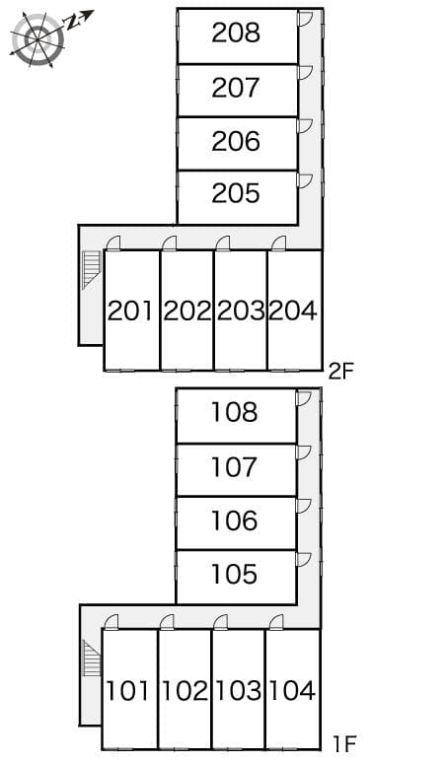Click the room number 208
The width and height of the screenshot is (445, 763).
(236, 34)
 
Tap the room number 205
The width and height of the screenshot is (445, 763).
(236, 193)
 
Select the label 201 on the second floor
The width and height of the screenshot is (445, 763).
(130, 311)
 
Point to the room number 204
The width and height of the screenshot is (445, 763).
(293, 311)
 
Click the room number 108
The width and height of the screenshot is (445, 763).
(234, 412)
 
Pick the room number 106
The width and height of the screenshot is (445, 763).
(234, 520)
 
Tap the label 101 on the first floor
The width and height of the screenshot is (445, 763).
(127, 690)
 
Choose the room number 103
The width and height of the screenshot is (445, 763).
(239, 690)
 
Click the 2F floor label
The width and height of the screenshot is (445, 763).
(340, 373)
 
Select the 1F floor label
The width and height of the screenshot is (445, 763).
(344, 744)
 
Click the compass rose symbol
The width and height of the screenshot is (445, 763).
(37, 38)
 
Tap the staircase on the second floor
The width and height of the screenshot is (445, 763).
(91, 270)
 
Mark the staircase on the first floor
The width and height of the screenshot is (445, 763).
(91, 659)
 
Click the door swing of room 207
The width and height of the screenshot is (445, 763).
(305, 73)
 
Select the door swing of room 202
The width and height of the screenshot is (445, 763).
(169, 243)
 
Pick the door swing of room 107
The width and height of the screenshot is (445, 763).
(303, 452)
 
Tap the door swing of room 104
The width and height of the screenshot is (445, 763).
(276, 622)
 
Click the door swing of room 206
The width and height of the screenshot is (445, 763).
(305, 126)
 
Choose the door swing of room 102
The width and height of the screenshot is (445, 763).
(167, 622)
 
